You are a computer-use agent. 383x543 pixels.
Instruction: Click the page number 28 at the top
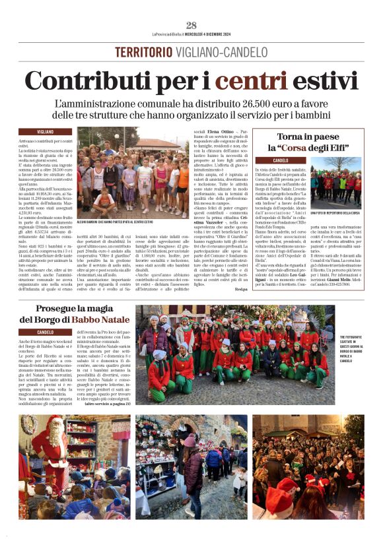[x=191, y=25]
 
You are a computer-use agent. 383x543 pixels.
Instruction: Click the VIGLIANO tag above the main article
[x=46, y=132]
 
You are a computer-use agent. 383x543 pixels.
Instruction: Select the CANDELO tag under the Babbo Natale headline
[x=46, y=332]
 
